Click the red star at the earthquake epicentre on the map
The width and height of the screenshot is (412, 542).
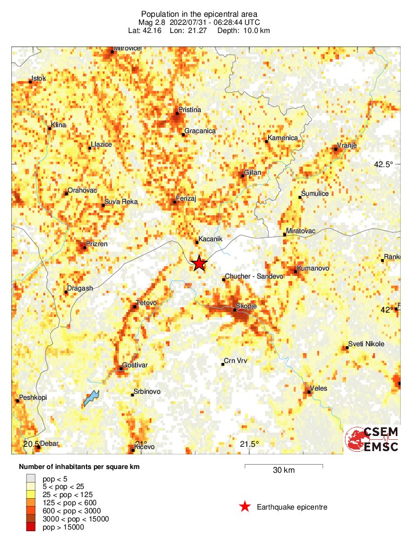click(x=199, y=263)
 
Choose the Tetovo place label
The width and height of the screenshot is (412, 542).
click(x=147, y=303)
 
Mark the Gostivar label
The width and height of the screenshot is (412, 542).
click(x=135, y=366)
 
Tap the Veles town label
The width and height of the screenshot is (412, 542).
click(x=318, y=389)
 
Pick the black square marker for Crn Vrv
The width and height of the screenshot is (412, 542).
click(x=223, y=364)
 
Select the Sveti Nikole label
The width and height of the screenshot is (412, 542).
click(x=366, y=344)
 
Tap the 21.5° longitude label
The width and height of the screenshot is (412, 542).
click(x=249, y=444)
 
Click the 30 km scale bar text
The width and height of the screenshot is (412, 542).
click(x=283, y=471)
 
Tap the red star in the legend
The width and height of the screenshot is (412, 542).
click(x=245, y=507)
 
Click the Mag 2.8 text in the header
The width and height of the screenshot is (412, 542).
click(x=152, y=22)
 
